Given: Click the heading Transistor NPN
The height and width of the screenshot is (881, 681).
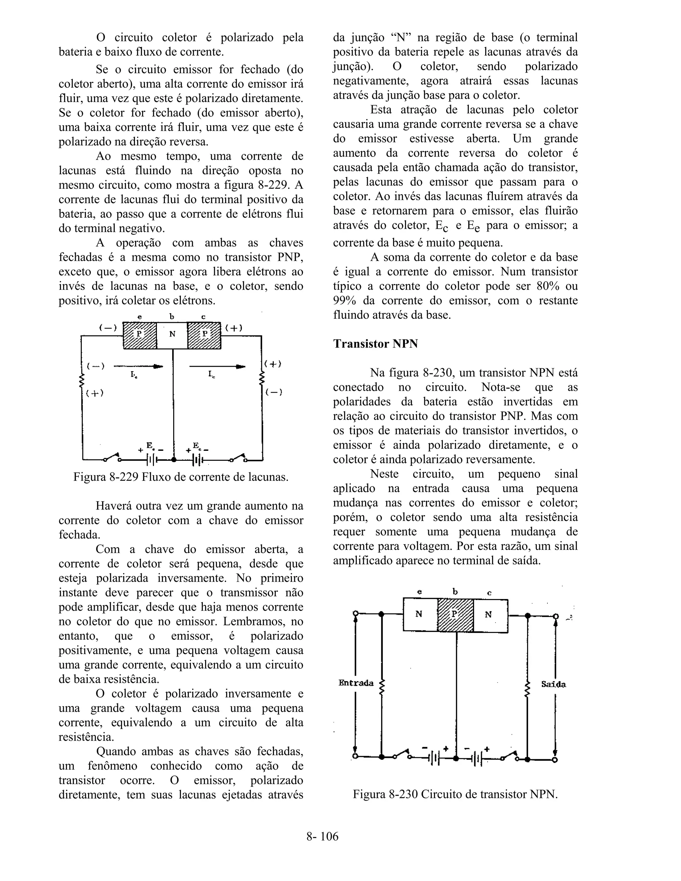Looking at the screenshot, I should tap(375, 344).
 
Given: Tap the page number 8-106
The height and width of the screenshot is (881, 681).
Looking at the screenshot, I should tap(322, 836).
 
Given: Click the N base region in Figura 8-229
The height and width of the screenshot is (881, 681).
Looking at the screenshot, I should tap(172, 335).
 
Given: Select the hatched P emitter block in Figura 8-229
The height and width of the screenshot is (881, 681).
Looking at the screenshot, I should tap(140, 335).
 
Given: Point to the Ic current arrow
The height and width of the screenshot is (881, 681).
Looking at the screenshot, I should tap(217, 367).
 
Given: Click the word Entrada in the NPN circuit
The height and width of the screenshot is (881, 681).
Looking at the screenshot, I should tap(356, 683).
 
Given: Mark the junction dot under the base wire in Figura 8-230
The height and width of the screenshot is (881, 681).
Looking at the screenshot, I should tap(456, 759).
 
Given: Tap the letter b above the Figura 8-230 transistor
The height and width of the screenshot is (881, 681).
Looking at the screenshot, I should tap(455, 592).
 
